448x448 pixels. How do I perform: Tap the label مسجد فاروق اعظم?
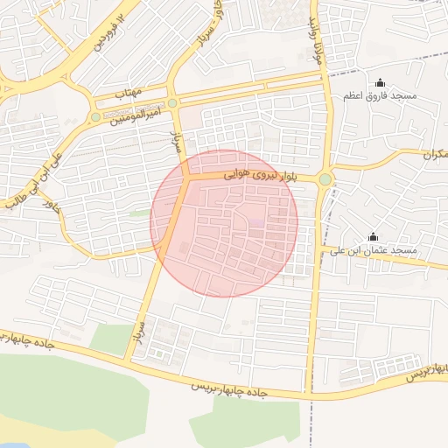(x=402, y=94)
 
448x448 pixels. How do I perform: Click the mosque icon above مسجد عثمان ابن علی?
(x=374, y=237)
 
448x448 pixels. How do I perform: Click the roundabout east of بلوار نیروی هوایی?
(x=325, y=179)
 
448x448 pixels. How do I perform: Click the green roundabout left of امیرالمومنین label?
(x=95, y=116)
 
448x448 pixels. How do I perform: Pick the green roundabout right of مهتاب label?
(x=173, y=103)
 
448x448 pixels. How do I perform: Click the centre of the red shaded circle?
(x=224, y=223)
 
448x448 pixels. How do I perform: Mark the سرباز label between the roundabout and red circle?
(x=174, y=139)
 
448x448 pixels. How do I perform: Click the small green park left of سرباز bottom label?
(x=110, y=339)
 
